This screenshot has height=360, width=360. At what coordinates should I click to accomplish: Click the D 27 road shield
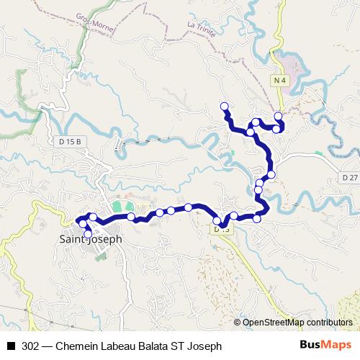(x=350, y=176)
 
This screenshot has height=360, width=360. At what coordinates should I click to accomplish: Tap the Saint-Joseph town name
(x=90, y=239)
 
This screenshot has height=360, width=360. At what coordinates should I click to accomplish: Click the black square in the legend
(x=12, y=346)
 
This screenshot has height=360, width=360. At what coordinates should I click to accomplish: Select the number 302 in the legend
(x=31, y=346)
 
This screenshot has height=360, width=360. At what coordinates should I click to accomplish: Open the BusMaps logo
(x=326, y=346)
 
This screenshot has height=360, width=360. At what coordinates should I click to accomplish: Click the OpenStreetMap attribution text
(x=297, y=323)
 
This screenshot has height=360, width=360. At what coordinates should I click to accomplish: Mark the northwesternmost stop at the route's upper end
(x=224, y=107)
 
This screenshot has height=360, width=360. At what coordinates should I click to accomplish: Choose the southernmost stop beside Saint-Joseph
(x=88, y=234)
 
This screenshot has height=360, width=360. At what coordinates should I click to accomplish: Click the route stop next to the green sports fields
(x=131, y=216)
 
